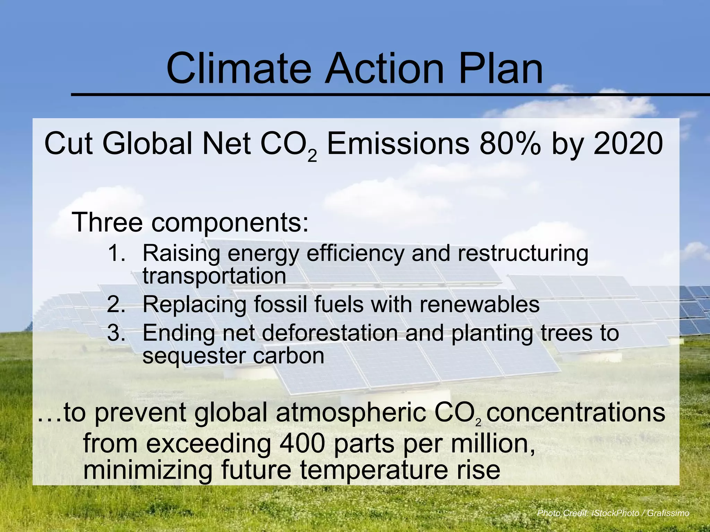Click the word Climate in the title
(239, 68)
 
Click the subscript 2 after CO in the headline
(312, 156)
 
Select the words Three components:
(190, 222)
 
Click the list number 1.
(116, 253)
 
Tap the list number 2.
(116, 305)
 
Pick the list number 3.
(116, 333)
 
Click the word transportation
(214, 276)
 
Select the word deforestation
(329, 333)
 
